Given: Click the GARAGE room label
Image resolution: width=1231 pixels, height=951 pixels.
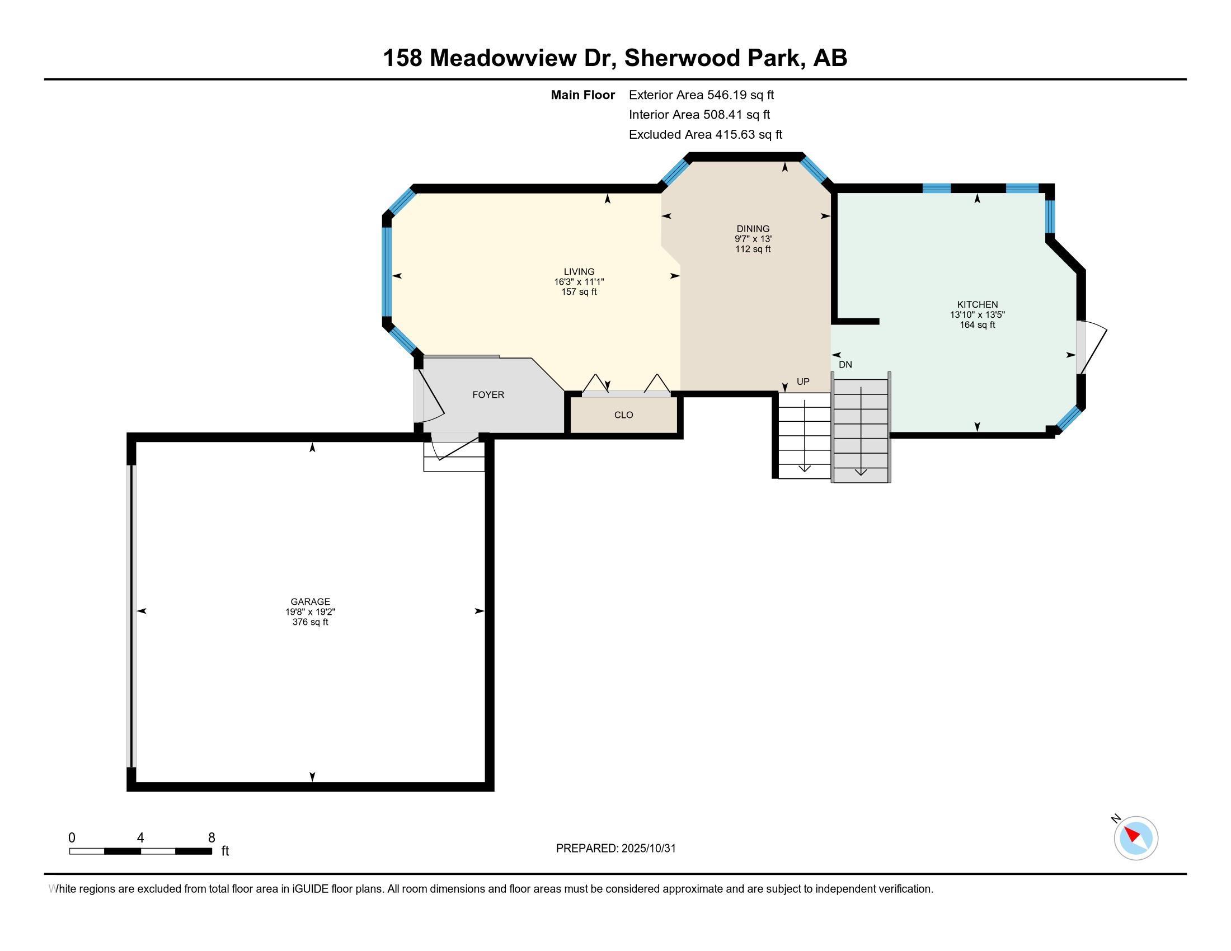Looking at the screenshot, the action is [x=310, y=602].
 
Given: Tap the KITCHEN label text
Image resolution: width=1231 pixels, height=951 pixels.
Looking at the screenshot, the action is [x=978, y=304].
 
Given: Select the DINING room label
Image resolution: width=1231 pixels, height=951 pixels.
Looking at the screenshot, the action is [x=753, y=229].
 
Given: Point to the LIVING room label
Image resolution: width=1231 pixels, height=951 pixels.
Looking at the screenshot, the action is [x=579, y=271].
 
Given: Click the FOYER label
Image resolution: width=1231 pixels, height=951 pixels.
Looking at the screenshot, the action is [x=488, y=395].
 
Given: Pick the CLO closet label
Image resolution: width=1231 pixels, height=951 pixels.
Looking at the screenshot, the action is [x=623, y=415].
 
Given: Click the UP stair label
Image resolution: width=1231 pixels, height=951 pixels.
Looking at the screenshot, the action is [x=803, y=382].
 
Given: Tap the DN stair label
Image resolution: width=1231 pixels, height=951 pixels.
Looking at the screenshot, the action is [x=845, y=365].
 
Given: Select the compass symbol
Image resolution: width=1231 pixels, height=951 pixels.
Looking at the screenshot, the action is [x=1136, y=839].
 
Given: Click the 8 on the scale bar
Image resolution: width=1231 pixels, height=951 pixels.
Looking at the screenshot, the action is [x=212, y=838].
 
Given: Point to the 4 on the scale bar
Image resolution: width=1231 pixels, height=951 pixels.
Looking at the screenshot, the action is [x=140, y=838].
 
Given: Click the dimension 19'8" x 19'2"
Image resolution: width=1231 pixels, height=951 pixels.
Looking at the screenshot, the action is [x=310, y=612].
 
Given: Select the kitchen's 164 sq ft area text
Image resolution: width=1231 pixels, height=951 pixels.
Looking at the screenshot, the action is [x=978, y=325].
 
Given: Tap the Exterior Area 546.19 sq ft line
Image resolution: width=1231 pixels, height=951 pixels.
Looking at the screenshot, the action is [x=701, y=95].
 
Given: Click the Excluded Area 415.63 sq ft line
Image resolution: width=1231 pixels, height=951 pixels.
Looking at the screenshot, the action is [x=706, y=135].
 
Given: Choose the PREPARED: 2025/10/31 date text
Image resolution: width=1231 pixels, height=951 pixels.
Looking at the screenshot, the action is [x=615, y=849].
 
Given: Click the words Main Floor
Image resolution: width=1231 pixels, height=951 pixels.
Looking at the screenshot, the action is [x=583, y=95].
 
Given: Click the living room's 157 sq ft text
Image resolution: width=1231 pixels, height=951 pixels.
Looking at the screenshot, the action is [x=579, y=293].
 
